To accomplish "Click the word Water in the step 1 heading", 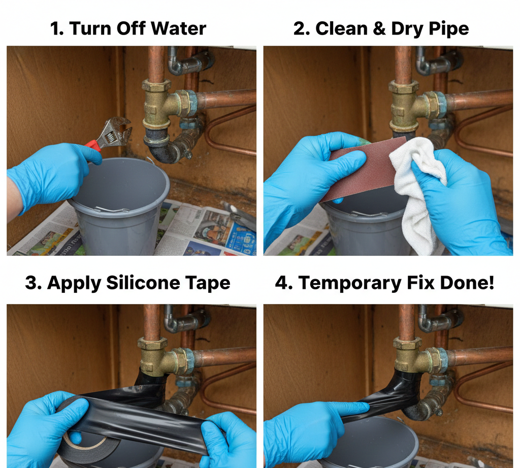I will [180, 28].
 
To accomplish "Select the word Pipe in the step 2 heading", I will [450, 28].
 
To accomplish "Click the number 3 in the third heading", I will [31, 283].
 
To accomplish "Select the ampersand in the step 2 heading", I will [376, 28].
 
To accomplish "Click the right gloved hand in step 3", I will [229, 437].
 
